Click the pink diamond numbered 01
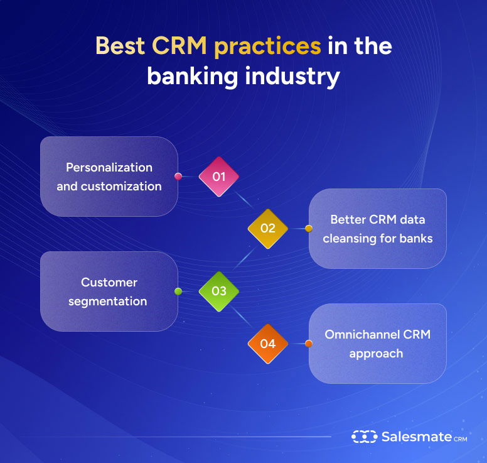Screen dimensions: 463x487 tap(218, 177)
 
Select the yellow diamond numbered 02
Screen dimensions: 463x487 tap(267, 229)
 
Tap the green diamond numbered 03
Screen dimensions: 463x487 tap(218, 291)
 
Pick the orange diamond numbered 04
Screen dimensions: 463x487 tap(267, 344)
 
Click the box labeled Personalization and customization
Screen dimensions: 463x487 tap(109, 177)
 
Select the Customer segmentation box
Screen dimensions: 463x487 tap(109, 291)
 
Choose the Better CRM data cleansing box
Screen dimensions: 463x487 tap(377, 229)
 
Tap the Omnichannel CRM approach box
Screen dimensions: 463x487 tap(377, 344)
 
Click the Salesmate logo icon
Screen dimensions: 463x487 tap(363, 436)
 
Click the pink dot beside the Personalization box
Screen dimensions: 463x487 tap(178, 177)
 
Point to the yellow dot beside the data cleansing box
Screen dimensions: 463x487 tap(308, 229)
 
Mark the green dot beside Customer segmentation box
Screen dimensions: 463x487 tap(178, 291)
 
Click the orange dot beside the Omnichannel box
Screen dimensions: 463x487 tap(308, 344)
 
